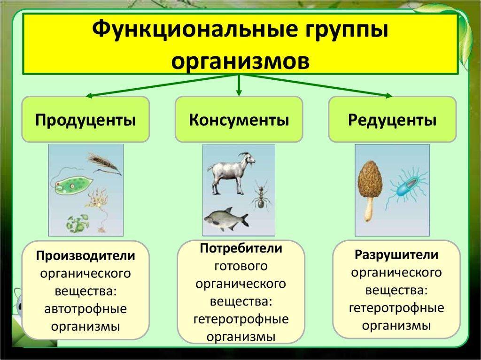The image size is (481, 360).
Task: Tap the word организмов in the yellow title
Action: [x=240, y=61]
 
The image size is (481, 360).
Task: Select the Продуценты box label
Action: [x=85, y=120]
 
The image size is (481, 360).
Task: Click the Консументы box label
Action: [x=239, y=120]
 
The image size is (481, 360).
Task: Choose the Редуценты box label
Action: [x=392, y=120]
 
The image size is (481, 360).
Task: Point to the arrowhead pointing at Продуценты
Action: [x=89, y=96]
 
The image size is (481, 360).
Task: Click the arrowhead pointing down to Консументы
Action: [x=239, y=92]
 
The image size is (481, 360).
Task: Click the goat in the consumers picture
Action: [x=231, y=173]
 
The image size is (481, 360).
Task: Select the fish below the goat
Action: [x=226, y=218]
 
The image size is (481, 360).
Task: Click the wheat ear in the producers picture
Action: [x=105, y=164]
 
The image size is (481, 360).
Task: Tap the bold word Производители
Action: [x=85, y=256]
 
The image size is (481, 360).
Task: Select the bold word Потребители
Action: [x=241, y=248]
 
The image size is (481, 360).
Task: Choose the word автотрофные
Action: [x=85, y=308]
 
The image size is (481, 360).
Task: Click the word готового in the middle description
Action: [x=241, y=266]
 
